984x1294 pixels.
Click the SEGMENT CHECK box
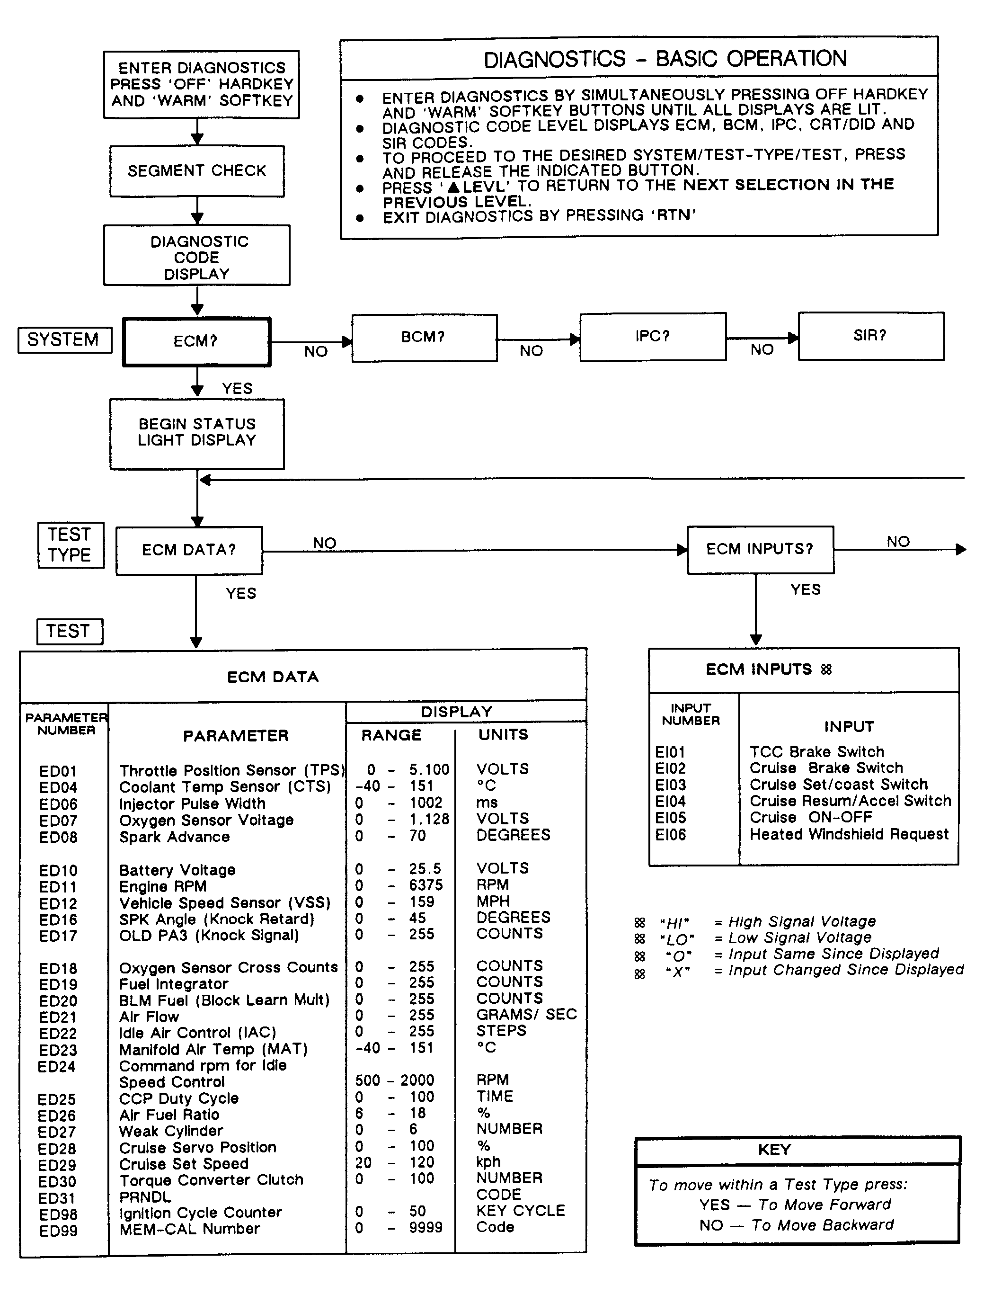pos(197,171)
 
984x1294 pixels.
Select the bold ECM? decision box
pos(196,341)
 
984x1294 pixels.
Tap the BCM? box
pos(424,338)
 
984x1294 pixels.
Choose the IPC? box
pos(653,336)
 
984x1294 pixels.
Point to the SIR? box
pos(870,336)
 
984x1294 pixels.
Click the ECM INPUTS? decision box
pos(760,550)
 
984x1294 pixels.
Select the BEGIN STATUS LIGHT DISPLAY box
pos(197,433)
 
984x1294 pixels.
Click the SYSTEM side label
pos(64,340)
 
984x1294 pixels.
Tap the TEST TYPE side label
pos(70,545)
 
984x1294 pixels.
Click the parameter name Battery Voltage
pos(177,870)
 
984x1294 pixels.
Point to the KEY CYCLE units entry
pos(521,1211)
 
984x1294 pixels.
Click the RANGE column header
pos(391,736)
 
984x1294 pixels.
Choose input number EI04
pos(671,802)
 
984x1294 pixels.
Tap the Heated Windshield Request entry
pos(849,834)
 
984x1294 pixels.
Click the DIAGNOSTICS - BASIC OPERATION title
pos(665,59)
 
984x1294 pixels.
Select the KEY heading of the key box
pos(774,1150)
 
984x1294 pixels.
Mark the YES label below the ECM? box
pos(237,389)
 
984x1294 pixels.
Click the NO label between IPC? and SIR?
pos(762,350)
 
